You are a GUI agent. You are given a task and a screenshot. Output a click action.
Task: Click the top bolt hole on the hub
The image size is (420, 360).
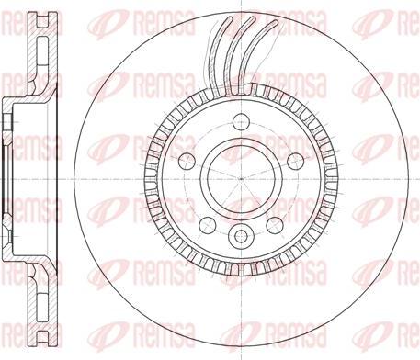click(x=242, y=120)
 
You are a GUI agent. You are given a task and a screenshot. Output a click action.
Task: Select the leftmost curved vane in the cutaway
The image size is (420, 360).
click(x=220, y=55)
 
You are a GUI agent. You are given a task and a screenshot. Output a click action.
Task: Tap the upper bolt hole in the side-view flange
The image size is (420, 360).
click(x=9, y=119)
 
